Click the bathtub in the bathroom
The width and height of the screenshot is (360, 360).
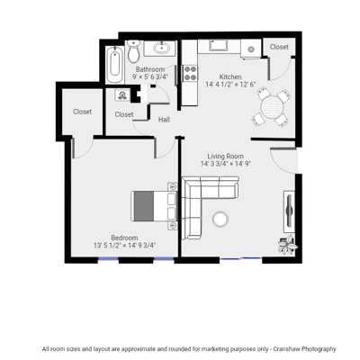[114, 65]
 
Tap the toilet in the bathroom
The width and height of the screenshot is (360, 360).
[133, 51]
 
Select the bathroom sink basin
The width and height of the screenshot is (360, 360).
[161, 48]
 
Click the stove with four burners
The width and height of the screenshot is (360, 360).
[191, 73]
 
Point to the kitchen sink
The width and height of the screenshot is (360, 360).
[219, 45]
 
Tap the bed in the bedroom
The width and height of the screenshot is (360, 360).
[155, 206]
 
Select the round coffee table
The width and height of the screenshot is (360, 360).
[220, 219]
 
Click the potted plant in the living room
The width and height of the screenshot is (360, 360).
[287, 245]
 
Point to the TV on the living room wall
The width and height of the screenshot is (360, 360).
[289, 211]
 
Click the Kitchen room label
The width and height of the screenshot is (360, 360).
[230, 76]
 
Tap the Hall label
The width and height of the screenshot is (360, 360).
[164, 120]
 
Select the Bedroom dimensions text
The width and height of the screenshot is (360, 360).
[124, 246]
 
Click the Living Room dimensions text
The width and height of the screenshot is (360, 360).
[226, 164]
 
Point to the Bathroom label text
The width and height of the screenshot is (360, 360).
[150, 69]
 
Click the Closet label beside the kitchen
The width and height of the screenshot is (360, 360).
[279, 47]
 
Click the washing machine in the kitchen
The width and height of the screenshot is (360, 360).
[251, 49]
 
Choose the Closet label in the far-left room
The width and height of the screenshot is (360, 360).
[82, 112]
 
